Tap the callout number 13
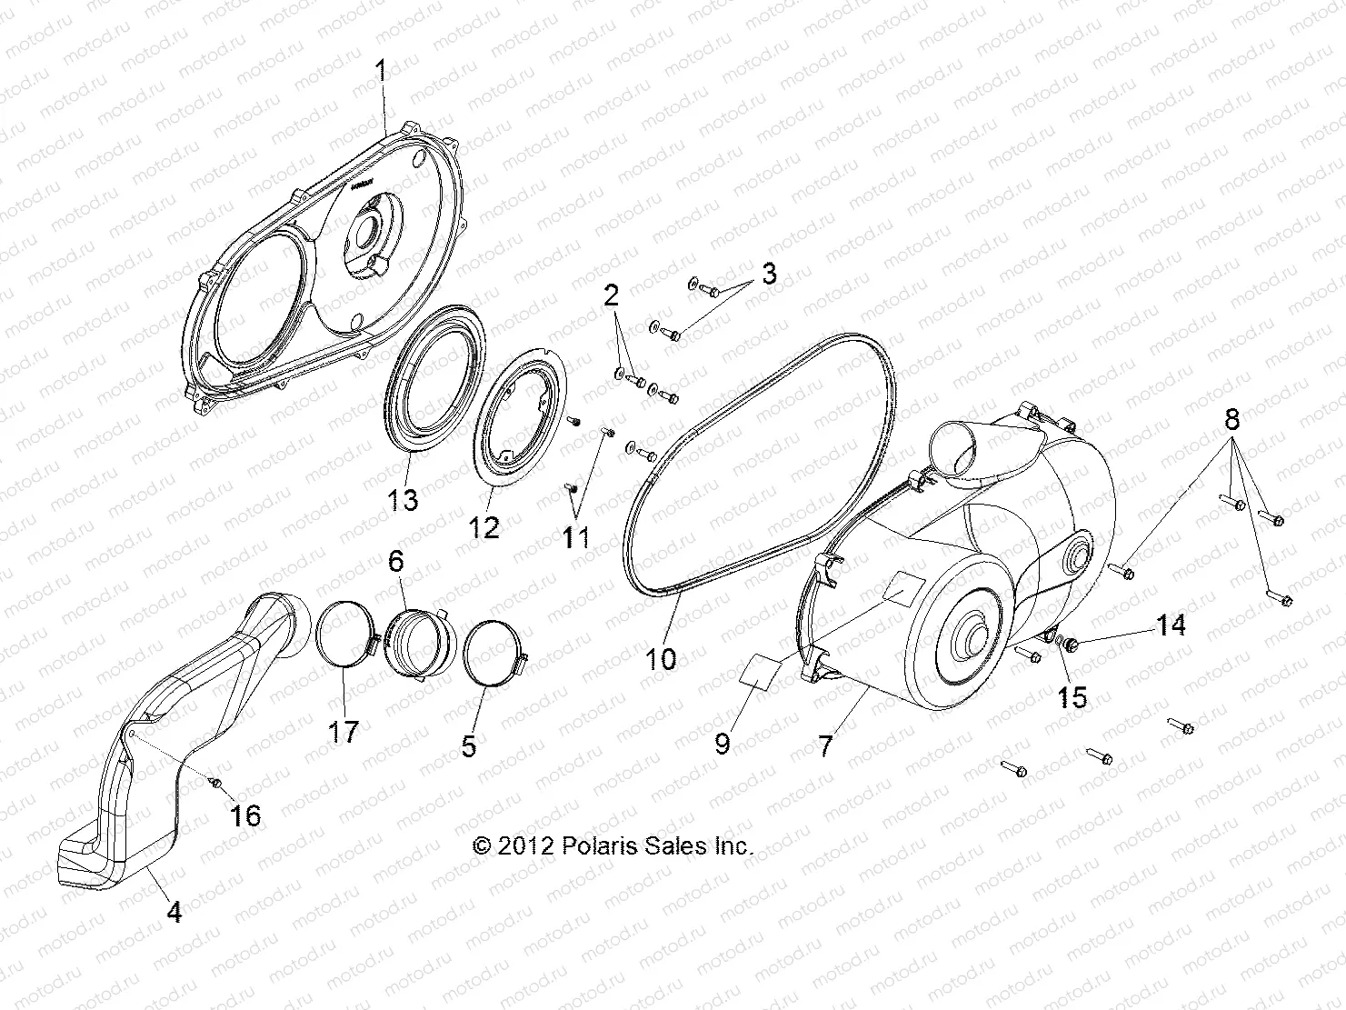404,499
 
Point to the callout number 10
662,657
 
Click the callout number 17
344,732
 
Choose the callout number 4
174,911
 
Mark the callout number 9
723,745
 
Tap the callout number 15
1072,697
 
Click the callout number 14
1171,625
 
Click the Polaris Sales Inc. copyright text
613,846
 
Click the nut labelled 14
1072,645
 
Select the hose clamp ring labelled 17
341,639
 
